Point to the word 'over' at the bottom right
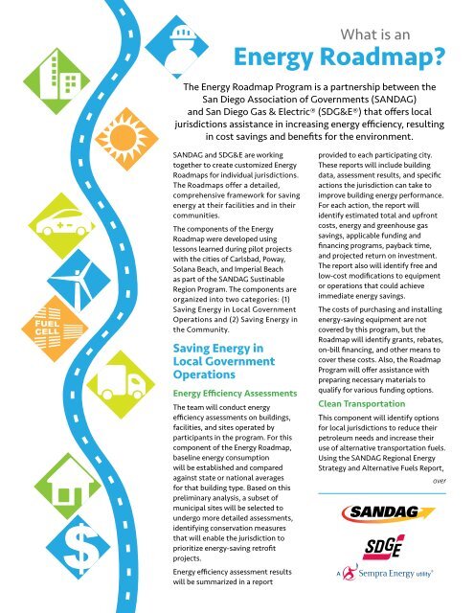pos(439,482)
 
